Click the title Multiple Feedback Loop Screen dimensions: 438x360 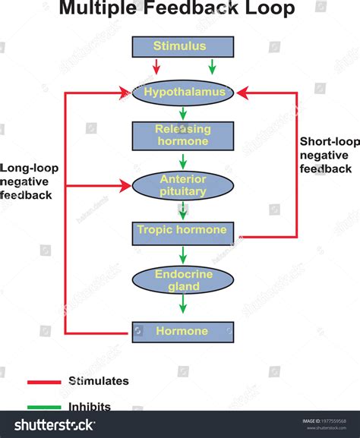click(177, 9)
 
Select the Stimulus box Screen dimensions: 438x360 click(182, 46)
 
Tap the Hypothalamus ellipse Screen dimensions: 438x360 click(182, 93)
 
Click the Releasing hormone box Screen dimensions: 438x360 click(182, 136)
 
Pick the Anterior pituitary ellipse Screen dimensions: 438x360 click(182, 185)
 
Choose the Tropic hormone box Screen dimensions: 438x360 click(182, 230)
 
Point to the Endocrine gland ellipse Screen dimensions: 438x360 click(182, 280)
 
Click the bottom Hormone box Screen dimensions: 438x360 click(182, 332)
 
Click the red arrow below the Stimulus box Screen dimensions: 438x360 click(156, 66)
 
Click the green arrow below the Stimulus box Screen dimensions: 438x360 click(212, 66)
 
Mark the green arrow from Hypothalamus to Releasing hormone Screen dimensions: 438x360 click(182, 113)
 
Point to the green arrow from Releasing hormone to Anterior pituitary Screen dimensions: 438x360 click(182, 161)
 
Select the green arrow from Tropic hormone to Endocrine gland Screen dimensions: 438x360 click(182, 254)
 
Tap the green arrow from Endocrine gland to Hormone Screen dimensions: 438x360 click(182, 304)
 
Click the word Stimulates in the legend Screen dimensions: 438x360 click(98, 381)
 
